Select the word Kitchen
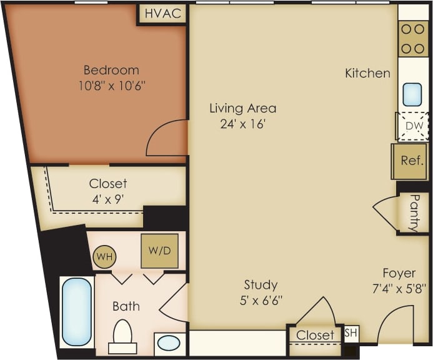[x=367, y=73]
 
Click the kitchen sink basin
[x=412, y=94]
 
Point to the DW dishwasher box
[x=414, y=126]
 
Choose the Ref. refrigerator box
[x=411, y=161]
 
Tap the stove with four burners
[x=413, y=39]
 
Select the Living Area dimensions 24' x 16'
[x=242, y=124]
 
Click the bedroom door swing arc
[x=165, y=139]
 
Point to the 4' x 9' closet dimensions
[x=107, y=198]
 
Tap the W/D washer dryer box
[x=159, y=251]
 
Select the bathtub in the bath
[x=77, y=312]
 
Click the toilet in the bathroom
[x=122, y=337]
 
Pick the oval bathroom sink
[x=167, y=343]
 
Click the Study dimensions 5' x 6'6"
[x=261, y=300]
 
